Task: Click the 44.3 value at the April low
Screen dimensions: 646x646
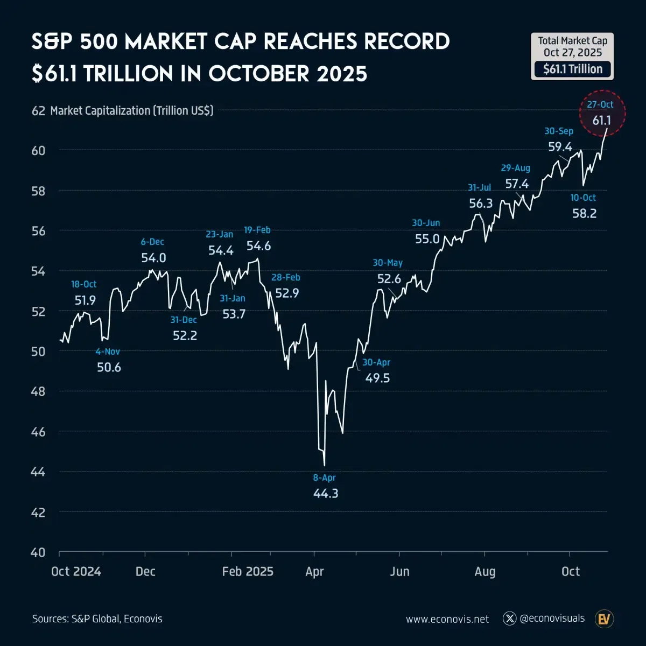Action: tap(326, 493)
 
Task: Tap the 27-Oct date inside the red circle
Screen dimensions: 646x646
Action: tap(600, 104)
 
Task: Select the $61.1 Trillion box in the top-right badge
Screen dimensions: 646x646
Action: tap(573, 69)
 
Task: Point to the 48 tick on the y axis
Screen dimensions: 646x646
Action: tap(38, 391)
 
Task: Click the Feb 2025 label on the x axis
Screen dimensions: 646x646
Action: tap(248, 571)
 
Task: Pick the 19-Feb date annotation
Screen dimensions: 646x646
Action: tap(257, 230)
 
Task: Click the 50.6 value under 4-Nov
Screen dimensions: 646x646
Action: tap(109, 367)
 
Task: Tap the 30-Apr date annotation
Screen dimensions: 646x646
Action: tap(376, 362)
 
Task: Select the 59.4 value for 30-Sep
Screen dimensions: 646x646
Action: tap(560, 146)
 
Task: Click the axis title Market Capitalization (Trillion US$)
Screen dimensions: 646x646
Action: tap(132, 110)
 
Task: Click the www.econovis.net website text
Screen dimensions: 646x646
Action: tap(447, 619)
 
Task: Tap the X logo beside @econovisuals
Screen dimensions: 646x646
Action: tap(509, 619)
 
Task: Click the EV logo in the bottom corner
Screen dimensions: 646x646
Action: tap(604, 619)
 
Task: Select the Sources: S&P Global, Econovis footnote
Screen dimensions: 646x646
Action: tap(97, 619)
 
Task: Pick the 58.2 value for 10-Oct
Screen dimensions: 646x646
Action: tap(584, 213)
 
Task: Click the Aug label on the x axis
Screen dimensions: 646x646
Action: tap(485, 571)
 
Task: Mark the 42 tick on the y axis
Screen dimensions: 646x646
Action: tap(38, 512)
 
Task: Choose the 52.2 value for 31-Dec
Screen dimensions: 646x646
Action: tap(185, 335)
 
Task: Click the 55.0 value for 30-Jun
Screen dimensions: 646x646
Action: tap(427, 238)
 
